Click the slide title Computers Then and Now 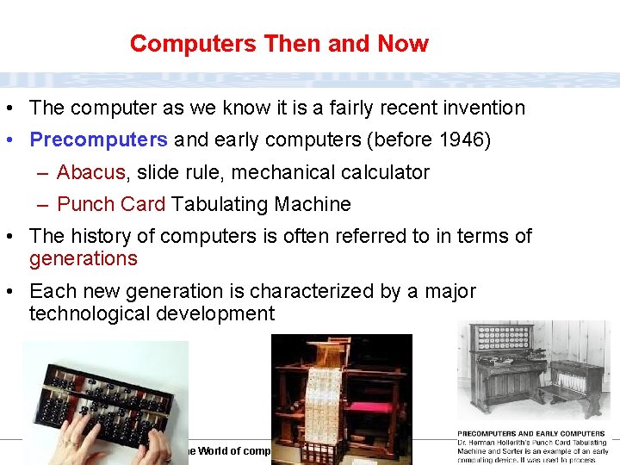tap(279, 44)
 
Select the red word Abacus tap(90, 172)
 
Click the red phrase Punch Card tap(111, 204)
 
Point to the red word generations tap(83, 258)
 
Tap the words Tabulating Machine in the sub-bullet tap(261, 204)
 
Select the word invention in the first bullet tap(481, 108)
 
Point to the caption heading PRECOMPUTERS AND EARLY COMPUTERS tap(531, 434)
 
